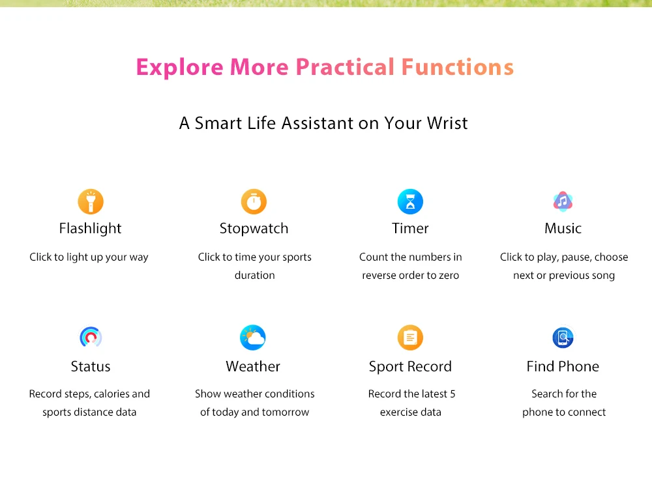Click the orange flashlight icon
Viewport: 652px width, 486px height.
90,201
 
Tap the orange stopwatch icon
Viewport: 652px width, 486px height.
254,201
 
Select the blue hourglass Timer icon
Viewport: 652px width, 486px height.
410,201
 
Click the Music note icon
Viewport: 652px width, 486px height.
563,201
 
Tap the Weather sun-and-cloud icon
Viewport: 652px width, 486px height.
253,337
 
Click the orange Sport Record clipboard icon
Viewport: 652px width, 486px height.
410,337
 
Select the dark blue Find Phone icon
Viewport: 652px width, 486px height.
563,337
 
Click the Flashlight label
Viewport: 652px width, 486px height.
90,229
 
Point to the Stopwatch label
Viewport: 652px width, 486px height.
254,229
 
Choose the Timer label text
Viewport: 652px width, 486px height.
410,229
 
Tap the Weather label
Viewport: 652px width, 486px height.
253,366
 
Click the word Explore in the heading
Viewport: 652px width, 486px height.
180,67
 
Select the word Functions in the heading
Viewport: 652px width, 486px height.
458,67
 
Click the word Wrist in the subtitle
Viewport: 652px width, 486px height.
447,123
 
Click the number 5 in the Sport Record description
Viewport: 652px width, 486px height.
452,393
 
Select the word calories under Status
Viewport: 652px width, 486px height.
110,393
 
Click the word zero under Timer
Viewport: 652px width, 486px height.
449,276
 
